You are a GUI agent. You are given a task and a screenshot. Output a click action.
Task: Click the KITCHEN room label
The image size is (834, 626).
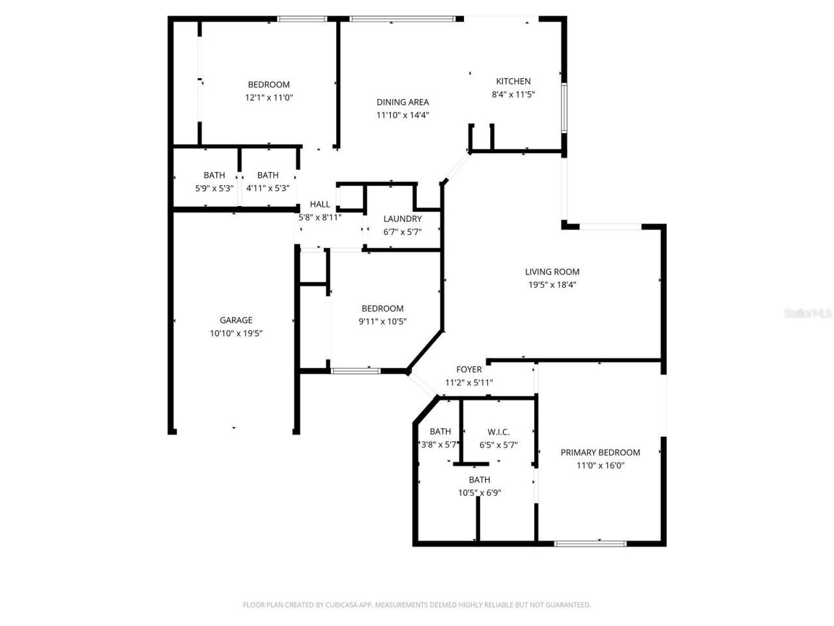click(x=513, y=82)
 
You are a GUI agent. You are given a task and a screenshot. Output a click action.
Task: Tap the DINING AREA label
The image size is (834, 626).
click(x=403, y=102)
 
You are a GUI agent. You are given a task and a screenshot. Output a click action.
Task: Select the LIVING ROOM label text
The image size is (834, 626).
click(x=552, y=272)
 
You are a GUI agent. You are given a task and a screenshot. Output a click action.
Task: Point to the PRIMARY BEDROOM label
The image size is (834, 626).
click(x=600, y=453)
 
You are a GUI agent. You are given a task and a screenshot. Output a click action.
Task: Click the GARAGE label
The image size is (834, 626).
click(x=236, y=320)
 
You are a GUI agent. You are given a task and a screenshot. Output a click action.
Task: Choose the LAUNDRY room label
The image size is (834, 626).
click(x=402, y=219)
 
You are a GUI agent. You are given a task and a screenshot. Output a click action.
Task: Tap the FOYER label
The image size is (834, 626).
click(x=468, y=370)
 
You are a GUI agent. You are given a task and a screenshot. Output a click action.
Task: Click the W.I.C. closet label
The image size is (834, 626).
click(x=498, y=432)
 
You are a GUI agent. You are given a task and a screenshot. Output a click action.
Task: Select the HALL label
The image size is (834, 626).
click(x=320, y=205)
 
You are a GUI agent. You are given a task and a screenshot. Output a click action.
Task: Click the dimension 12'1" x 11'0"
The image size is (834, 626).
click(x=268, y=98)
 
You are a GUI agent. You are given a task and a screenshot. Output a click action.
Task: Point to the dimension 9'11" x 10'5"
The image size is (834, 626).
click(x=382, y=321)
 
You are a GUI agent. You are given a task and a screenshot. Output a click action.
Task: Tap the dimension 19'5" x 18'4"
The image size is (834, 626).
click(x=552, y=285)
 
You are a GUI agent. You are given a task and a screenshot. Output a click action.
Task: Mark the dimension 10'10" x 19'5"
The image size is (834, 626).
click(x=236, y=333)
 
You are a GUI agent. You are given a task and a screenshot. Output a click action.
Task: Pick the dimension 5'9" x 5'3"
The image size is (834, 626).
click(x=214, y=188)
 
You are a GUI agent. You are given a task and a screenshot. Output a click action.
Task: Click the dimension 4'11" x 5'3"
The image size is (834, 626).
click(x=268, y=188)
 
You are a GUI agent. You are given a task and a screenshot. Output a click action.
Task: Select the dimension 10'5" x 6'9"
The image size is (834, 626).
click(x=479, y=493)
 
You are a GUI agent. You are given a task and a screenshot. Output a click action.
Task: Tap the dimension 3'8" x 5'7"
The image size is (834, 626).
click(x=440, y=445)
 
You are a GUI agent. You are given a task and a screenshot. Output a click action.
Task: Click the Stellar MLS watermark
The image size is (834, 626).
click(x=808, y=314)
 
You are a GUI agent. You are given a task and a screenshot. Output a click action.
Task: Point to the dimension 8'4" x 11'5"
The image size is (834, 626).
click(x=513, y=95)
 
